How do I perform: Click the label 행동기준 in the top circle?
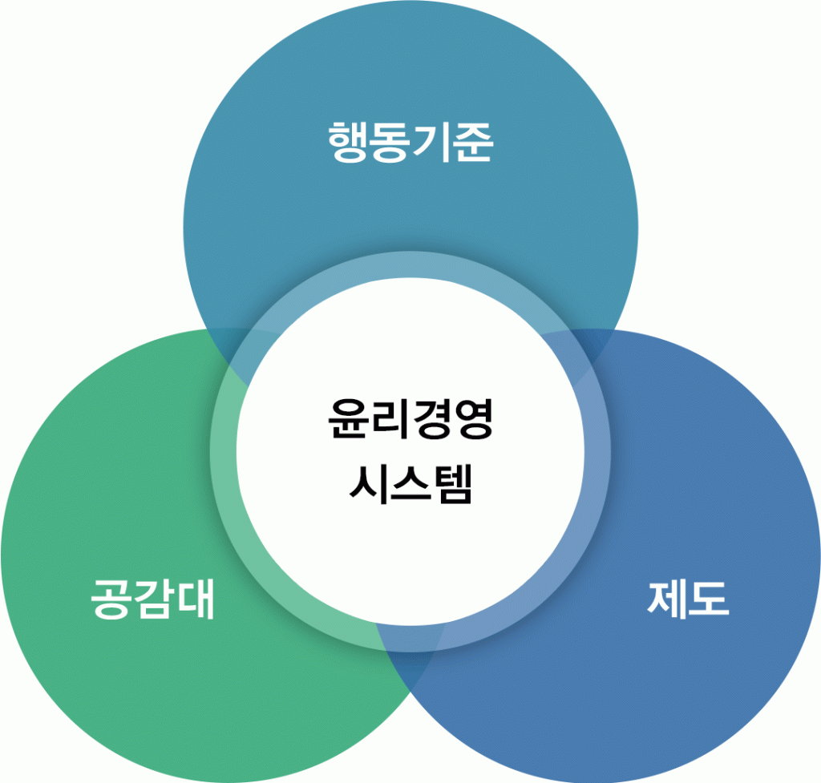tap(410, 143)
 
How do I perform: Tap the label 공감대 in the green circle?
tap(152, 600)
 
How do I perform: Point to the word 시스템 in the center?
tap(410, 483)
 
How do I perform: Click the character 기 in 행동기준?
tap(431, 143)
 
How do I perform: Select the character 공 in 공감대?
tap(111, 601)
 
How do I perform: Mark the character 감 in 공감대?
tap(152, 601)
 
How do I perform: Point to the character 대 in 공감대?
tap(194, 600)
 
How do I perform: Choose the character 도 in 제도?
tap(709, 599)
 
